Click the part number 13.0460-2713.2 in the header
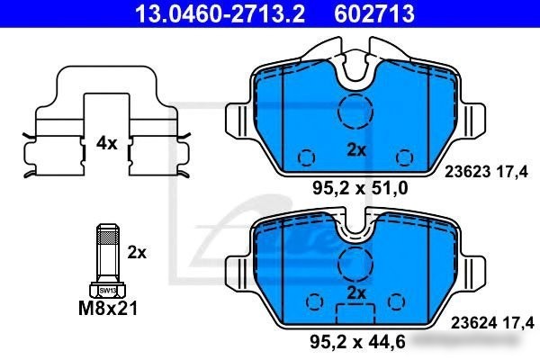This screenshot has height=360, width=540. pos(220,13)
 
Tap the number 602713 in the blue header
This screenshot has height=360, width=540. pos(374,13)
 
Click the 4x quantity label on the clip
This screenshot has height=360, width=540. pos(106,143)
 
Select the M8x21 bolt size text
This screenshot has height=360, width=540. pos(108,308)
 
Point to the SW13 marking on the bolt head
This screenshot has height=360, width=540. pos(107,291)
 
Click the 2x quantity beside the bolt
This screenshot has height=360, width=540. pos(137,253)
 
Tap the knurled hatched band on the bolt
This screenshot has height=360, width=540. pos(107,237)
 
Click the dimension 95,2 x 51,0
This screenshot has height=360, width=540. pos(360,188)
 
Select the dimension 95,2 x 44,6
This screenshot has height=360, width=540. pos(357,341)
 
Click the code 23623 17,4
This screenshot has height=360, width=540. pos(486,172)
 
